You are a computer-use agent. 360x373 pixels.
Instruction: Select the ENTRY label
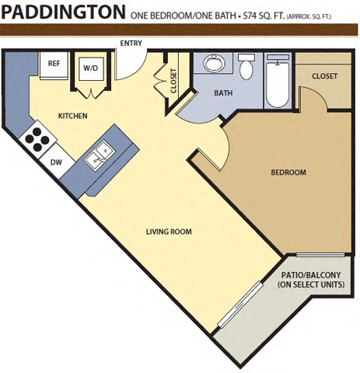pos(131,44)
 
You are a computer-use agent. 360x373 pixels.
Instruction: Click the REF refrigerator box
pos(54,64)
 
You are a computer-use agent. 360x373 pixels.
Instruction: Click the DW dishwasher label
pos(56,162)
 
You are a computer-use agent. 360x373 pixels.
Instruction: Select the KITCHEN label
pos(72,117)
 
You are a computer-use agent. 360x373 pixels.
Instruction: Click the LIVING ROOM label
pos(169,232)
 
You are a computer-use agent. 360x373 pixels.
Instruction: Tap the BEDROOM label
pos(288,173)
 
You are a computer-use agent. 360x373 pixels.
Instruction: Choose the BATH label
pos(223,93)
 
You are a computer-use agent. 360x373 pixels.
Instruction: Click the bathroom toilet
pos(246,68)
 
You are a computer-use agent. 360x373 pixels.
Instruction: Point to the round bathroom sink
pos(211,64)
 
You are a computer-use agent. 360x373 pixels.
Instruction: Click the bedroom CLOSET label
pos(324,76)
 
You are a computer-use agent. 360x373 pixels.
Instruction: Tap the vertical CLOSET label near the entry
pos(173,81)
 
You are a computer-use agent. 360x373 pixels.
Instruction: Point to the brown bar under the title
pos(180,30)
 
